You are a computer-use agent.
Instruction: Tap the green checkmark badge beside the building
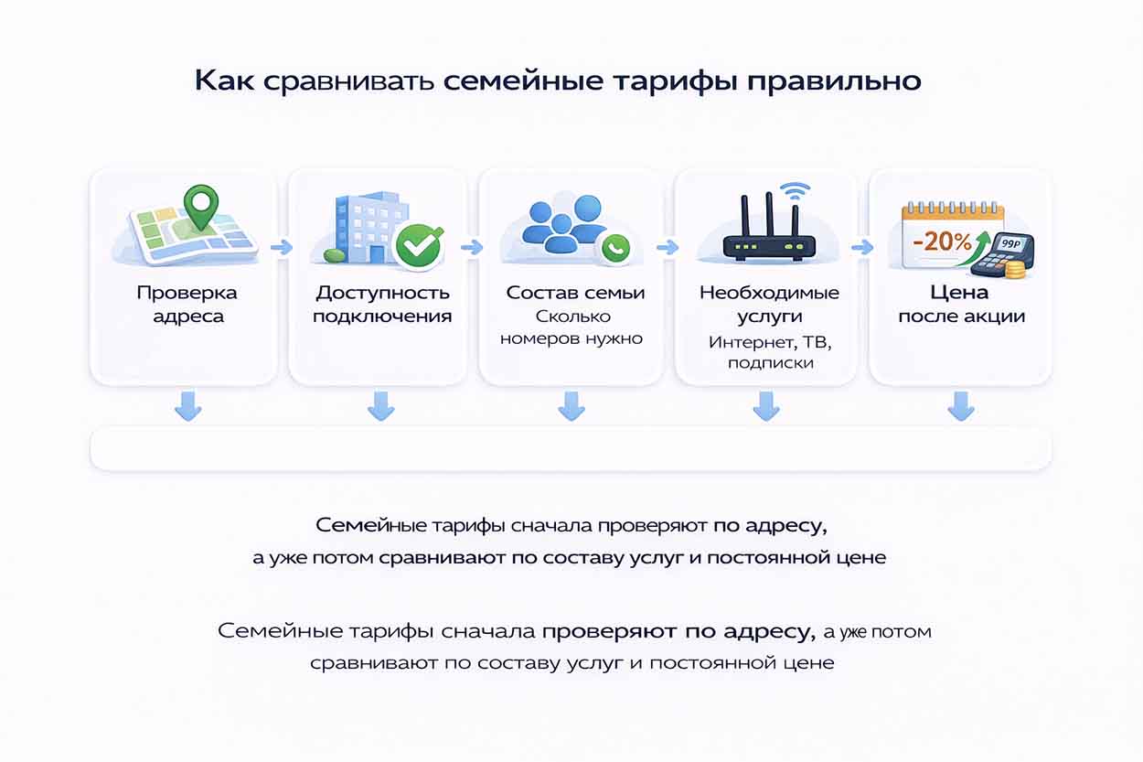[419, 245]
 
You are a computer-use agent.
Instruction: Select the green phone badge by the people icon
[615, 246]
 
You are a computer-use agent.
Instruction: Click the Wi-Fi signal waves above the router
[796, 191]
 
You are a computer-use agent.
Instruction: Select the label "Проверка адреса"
[187, 305]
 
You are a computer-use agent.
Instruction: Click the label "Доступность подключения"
[382, 305]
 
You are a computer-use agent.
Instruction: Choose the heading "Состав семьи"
[575, 293]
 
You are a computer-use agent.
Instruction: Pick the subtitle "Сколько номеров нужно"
[572, 327]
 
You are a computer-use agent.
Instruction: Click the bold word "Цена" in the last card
[959, 293]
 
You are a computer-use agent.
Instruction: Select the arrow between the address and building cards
[283, 247]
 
